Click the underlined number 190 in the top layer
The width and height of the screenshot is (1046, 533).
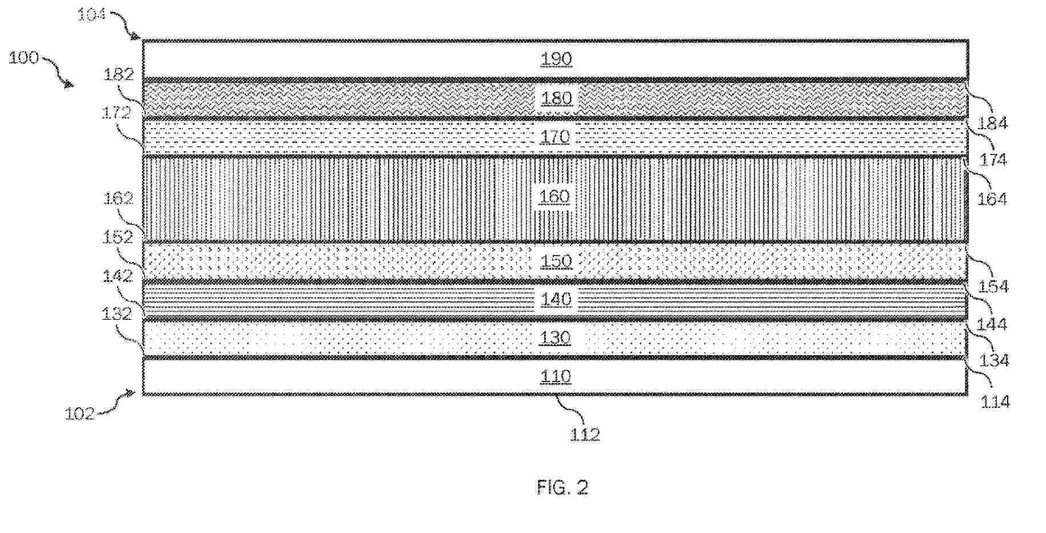(556, 59)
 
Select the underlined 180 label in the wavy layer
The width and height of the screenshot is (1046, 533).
(556, 98)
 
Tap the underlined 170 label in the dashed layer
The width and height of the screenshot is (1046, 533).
(556, 137)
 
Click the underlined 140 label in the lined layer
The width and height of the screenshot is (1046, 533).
(556, 299)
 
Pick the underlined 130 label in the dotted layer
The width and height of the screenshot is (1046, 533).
(556, 338)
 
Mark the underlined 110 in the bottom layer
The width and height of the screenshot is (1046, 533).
(556, 376)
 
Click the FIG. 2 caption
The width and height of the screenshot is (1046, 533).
(562, 487)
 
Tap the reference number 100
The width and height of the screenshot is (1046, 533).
(23, 58)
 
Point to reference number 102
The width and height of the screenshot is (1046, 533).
(79, 413)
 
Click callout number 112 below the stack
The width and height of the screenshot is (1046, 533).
(585, 435)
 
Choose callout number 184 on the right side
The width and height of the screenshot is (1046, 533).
(993, 123)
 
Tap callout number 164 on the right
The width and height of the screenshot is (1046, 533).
(992, 199)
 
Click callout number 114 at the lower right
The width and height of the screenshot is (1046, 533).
(995, 402)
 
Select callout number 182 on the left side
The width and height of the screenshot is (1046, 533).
(118, 74)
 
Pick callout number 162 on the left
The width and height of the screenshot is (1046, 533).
(118, 198)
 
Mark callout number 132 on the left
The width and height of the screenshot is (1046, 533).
(117, 313)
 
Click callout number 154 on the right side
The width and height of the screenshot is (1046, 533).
(993, 286)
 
